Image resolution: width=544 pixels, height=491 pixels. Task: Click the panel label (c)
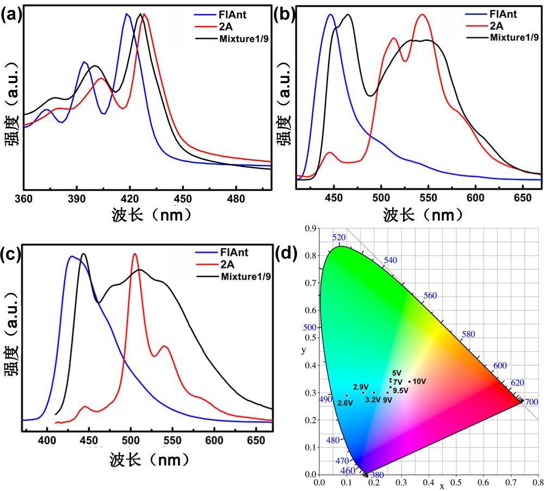12,254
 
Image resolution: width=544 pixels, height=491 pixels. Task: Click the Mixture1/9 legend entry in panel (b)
514,37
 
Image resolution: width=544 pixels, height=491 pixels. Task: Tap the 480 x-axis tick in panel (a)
236,199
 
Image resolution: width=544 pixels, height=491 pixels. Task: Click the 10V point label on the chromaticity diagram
419,381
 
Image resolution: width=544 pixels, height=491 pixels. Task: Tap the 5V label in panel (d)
397,373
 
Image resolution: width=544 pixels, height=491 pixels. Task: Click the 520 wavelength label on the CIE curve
338,238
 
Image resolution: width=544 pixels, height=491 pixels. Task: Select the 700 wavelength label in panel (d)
531,402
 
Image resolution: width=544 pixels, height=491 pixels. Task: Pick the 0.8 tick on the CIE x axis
537,483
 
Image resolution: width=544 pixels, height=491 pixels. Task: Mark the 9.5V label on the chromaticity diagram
401,390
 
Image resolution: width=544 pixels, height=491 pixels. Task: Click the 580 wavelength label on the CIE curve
468,334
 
